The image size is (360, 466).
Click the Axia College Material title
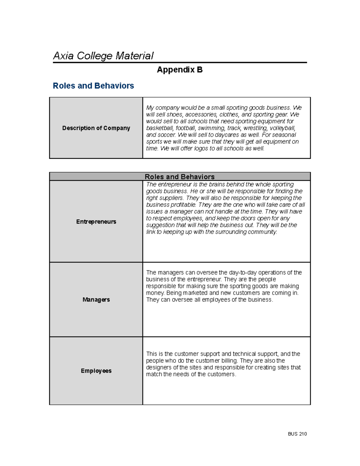tap(103, 56)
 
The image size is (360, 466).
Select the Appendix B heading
tap(180, 70)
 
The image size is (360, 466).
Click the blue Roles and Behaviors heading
tap(93, 86)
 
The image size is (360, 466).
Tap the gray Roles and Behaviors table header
tap(180, 177)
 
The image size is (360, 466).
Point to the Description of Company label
tap(96, 128)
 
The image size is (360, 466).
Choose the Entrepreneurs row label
tap(96, 222)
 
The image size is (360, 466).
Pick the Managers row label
tap(96, 300)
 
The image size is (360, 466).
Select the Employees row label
tap(96, 371)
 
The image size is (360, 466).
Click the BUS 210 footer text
tap(297, 434)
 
